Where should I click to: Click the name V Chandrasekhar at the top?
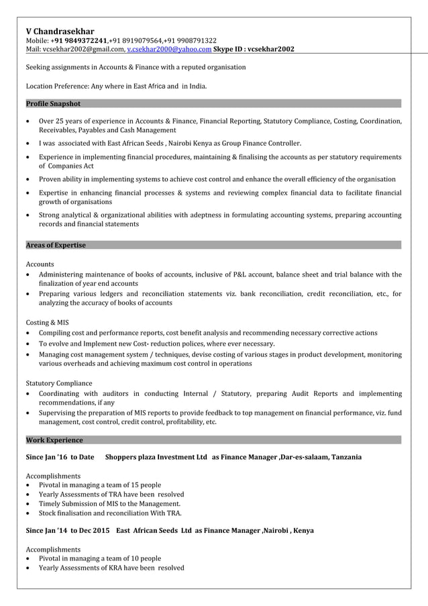[x=60, y=31]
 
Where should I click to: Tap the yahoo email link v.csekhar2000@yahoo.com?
[x=168, y=49]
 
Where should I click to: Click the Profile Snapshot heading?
[x=53, y=103]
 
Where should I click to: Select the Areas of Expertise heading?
[x=56, y=245]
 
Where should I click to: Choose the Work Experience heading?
[x=54, y=440]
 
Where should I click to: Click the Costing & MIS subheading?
[x=47, y=322]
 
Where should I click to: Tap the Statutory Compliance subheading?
[x=59, y=383]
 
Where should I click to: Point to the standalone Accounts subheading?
[x=40, y=264]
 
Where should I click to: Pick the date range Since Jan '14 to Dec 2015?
[x=68, y=530]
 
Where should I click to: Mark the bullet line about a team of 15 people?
[x=100, y=485]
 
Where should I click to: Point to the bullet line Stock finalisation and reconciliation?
[x=110, y=513]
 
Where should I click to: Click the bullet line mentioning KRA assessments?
[x=111, y=568]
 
